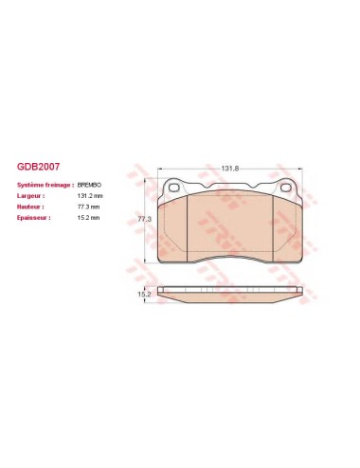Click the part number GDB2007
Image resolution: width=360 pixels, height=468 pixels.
coord(38,167)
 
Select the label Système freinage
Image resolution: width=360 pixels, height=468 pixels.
coord(45,185)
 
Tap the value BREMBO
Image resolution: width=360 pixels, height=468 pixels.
coord(89,185)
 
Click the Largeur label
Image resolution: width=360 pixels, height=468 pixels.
coord(30,196)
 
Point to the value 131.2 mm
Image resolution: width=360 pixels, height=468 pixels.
coord(90,196)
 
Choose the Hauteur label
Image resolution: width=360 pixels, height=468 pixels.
coord(30,207)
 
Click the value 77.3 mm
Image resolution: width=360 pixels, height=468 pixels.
coord(88,207)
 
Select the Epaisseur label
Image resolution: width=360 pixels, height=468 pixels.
coord(33,218)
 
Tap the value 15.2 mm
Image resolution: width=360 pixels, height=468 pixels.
coord(88,218)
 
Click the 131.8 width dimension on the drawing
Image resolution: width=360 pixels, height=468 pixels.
coord(229,169)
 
